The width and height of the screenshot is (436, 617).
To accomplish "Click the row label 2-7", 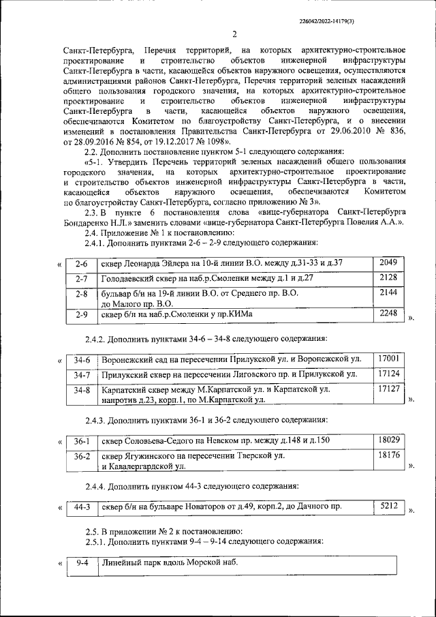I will pos(80,279).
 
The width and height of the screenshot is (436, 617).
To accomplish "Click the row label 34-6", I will pos(82,359).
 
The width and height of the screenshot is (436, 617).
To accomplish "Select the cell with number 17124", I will pos(388,374).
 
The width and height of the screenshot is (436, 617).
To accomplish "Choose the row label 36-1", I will pos(82,442).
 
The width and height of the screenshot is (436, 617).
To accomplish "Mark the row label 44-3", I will pos(82,507).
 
